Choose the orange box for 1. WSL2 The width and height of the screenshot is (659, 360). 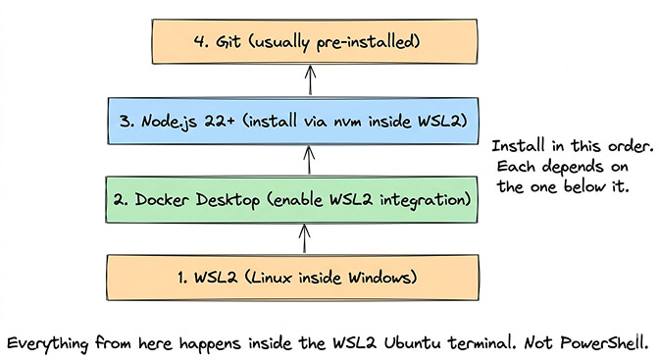pyautogui.click(x=311, y=278)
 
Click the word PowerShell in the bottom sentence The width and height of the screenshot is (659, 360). pyautogui.click(x=607, y=344)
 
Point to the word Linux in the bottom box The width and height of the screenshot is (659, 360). pyautogui.click(x=278, y=278)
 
